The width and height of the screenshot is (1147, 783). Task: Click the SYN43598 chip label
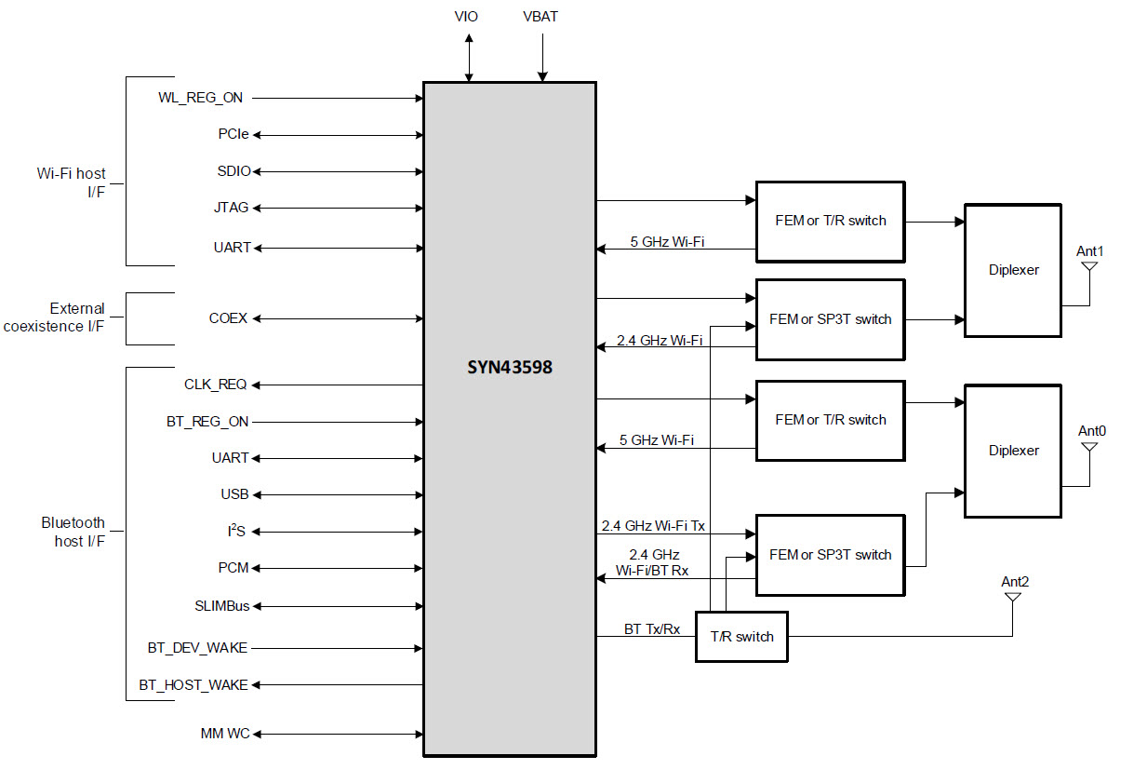pos(509,367)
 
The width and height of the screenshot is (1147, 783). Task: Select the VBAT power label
pos(540,17)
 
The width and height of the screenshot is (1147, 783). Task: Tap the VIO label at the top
pos(467,17)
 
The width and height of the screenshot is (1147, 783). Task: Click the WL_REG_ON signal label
pos(201,98)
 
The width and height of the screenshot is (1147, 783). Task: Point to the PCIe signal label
pos(233,134)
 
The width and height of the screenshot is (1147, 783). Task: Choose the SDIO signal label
pos(233,171)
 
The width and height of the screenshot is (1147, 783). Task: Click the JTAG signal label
pos(233,208)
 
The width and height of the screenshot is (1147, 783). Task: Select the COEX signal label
pos(228,318)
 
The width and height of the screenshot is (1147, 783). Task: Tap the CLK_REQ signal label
pos(216,385)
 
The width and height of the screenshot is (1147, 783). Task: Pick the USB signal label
pos(234,494)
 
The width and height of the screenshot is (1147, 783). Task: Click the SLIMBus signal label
pos(222,605)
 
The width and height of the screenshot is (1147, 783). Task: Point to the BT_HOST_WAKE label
pos(193,685)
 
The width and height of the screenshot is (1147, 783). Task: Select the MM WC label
pos(225,734)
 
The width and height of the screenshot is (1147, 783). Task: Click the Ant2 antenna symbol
pos(1011,599)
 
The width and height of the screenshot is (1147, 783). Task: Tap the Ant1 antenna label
pos(1089,251)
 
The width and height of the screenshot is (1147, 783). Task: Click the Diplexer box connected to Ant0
pos(1013,451)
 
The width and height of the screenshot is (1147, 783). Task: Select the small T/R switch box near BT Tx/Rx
pos(741,637)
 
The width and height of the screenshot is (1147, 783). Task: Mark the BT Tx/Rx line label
pos(651,629)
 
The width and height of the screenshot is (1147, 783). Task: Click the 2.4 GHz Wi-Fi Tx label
pos(653,526)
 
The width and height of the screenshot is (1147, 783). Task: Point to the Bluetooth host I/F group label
pos(73,532)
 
